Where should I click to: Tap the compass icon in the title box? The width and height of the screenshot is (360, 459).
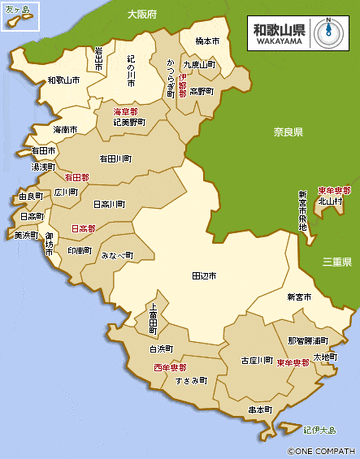pyautogui.click(x=327, y=31)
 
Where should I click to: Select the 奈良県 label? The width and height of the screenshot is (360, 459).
pyautogui.click(x=286, y=132)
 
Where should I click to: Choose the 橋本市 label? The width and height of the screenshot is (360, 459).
pyautogui.click(x=207, y=41)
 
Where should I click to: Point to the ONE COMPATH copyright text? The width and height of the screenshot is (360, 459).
pyautogui.click(x=321, y=451)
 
